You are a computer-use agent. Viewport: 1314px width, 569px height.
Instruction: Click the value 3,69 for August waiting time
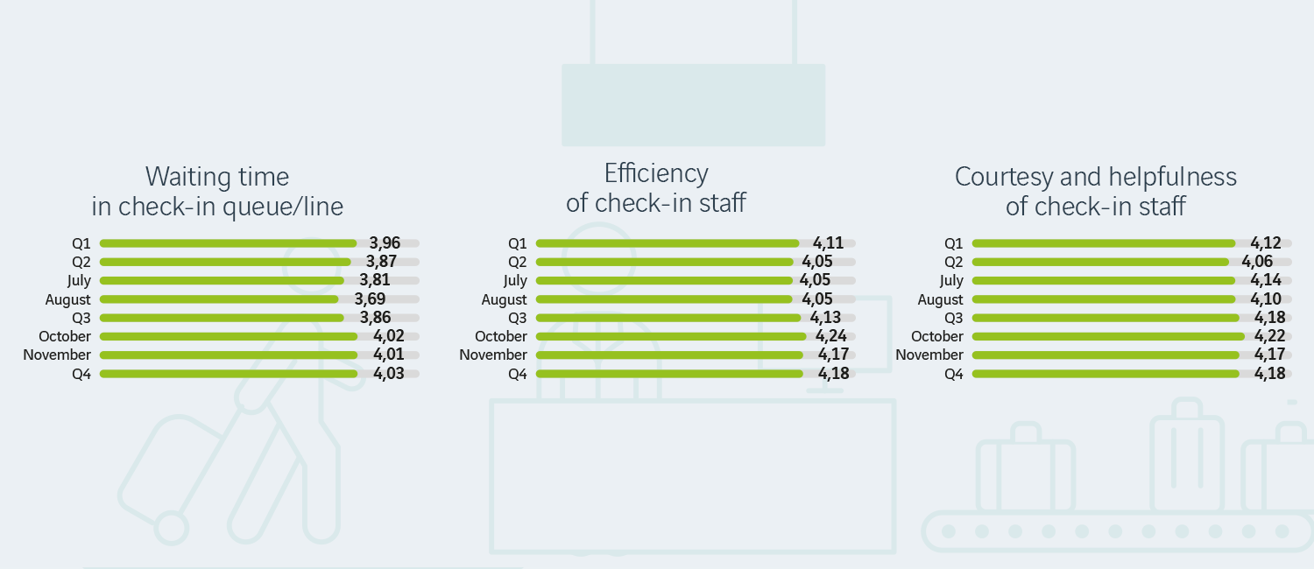(x=370, y=299)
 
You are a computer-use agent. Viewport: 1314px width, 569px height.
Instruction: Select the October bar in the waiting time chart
(x=229, y=336)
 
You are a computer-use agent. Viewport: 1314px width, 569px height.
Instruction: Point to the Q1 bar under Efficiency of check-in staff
(x=667, y=243)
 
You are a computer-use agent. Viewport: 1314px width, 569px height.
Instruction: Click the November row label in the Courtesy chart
(x=929, y=355)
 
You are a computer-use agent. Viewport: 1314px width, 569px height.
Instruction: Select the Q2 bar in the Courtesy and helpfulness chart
(x=1100, y=262)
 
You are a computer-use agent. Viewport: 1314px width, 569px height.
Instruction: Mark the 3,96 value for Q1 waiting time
(x=385, y=243)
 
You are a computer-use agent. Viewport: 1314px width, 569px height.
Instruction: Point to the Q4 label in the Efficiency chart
(x=518, y=375)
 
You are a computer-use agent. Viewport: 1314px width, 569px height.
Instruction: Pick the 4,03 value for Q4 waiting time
(x=389, y=374)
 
